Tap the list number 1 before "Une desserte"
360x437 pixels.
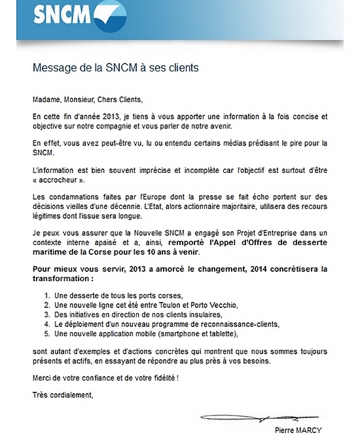46,295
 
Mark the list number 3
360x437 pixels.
46,314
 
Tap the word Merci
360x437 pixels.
43,378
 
